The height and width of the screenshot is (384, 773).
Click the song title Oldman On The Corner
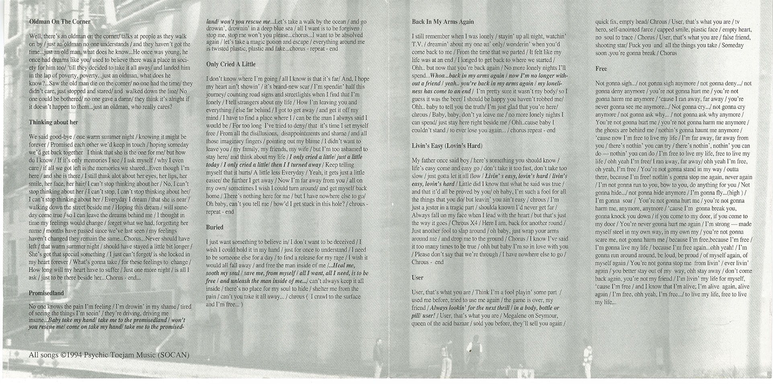(60, 22)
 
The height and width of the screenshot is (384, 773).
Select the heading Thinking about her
(53, 122)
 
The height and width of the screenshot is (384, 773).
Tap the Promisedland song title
(46, 293)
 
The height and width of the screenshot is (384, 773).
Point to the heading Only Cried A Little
(231, 64)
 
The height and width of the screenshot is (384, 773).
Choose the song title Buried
(215, 227)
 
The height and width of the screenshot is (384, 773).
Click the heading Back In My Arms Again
(443, 22)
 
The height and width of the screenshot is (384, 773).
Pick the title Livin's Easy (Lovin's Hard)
(447, 146)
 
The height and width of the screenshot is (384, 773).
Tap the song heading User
(417, 277)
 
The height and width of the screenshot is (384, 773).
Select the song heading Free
(601, 68)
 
